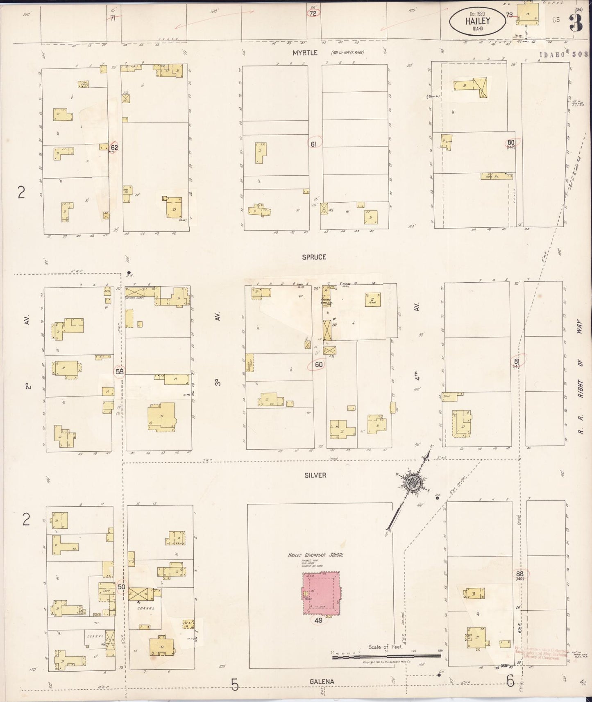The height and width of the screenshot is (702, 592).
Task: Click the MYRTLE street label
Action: click(x=305, y=53)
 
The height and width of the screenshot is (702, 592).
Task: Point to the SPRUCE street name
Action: click(x=314, y=257)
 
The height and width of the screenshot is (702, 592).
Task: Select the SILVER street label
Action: click(x=315, y=475)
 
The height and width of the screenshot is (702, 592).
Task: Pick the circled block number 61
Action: click(x=314, y=144)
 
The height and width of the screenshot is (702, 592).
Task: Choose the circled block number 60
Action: click(x=318, y=365)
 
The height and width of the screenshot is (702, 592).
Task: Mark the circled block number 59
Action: click(x=120, y=371)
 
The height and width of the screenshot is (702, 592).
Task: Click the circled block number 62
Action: click(x=114, y=148)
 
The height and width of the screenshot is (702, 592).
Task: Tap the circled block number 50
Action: click(x=121, y=587)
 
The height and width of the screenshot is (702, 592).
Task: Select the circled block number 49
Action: click(x=318, y=620)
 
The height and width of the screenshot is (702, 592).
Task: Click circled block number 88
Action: click(x=520, y=574)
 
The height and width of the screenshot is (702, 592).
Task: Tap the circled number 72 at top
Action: click(x=313, y=14)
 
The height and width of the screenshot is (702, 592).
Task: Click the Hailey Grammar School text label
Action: click(x=315, y=555)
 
